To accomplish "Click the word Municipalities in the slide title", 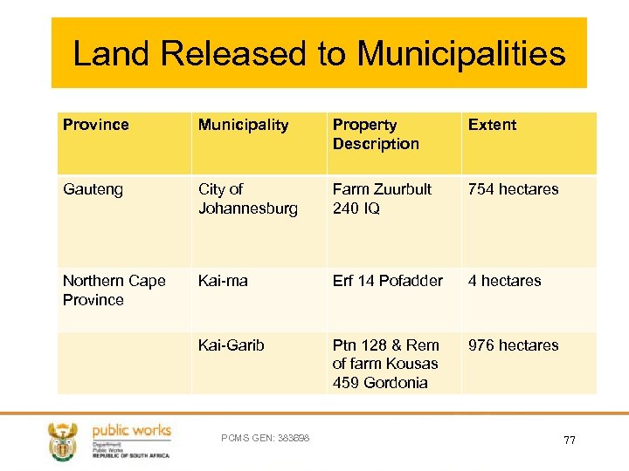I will tap(461, 54).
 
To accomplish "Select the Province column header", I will tap(96, 125).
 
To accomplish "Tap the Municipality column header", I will tap(243, 125).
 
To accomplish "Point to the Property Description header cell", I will tap(376, 134).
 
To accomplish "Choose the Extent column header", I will tap(492, 125).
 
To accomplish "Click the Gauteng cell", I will tap(93, 189).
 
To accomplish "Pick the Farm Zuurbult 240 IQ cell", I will tap(382, 199).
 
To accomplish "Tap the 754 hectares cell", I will tap(513, 189).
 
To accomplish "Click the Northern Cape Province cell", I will tap(114, 290).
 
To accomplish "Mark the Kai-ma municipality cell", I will tap(223, 281).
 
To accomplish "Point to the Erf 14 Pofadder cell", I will tap(387, 281).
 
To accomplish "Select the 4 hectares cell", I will tap(504, 281).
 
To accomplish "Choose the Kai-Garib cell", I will tap(231, 345).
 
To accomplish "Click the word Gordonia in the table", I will tap(398, 383).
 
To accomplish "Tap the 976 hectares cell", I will tap(513, 345).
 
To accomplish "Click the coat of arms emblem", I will tap(63, 440).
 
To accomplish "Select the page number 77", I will tap(569, 440).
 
